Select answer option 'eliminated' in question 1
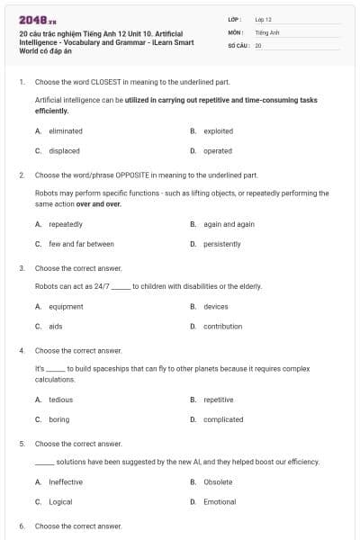[x=65, y=131]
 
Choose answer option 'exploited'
[x=218, y=131]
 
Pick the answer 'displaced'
[x=64, y=151]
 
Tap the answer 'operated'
[x=218, y=151]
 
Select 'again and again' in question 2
[x=229, y=224]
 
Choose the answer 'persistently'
[x=221, y=244]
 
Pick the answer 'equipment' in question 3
[x=66, y=307]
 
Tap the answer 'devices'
[x=216, y=307]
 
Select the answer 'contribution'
[x=222, y=327]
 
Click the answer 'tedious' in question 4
[x=61, y=400]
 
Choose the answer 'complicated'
[x=223, y=419]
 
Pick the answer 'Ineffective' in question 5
[x=66, y=482]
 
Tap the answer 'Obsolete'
[x=218, y=482]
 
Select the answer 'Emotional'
[x=220, y=502]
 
